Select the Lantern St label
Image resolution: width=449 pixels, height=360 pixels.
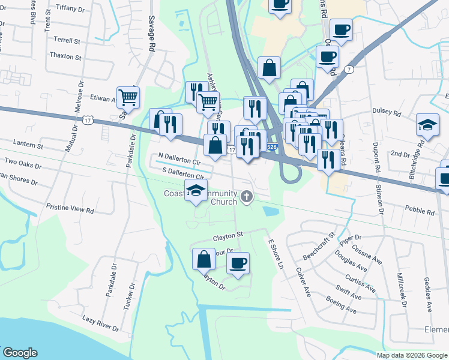pyautogui.click(x=28, y=146)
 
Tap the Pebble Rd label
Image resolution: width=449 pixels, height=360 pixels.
pyautogui.click(x=420, y=212)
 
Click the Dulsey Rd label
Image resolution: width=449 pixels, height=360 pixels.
pyautogui.click(x=386, y=112)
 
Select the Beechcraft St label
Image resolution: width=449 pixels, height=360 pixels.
pyautogui.click(x=318, y=246)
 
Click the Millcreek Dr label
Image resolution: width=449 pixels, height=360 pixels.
pyautogui.click(x=402, y=292)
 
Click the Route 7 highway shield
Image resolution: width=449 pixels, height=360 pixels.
pyautogui.click(x=349, y=70)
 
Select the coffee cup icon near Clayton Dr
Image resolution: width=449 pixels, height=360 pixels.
pyautogui.click(x=238, y=263)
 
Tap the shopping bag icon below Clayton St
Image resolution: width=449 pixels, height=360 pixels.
pyautogui.click(x=203, y=259)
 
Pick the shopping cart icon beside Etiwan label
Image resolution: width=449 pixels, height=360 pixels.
pyautogui.click(x=128, y=96)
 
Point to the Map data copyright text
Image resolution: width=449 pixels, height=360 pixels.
pyautogui.click(x=412, y=355)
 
